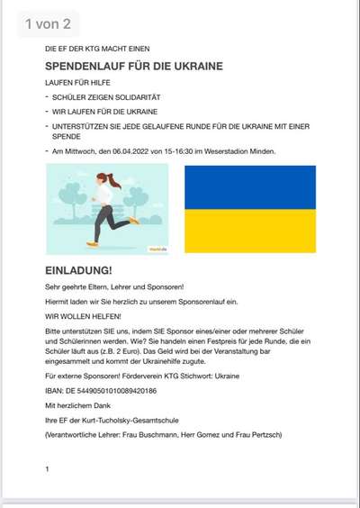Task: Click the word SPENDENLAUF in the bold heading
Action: pyautogui.click(x=87, y=67)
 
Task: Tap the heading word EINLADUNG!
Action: pyautogui.click(x=78, y=269)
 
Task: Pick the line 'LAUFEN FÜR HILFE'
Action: pyautogui.click(x=75, y=82)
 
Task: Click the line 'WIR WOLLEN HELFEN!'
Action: pyautogui.click(x=78, y=316)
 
